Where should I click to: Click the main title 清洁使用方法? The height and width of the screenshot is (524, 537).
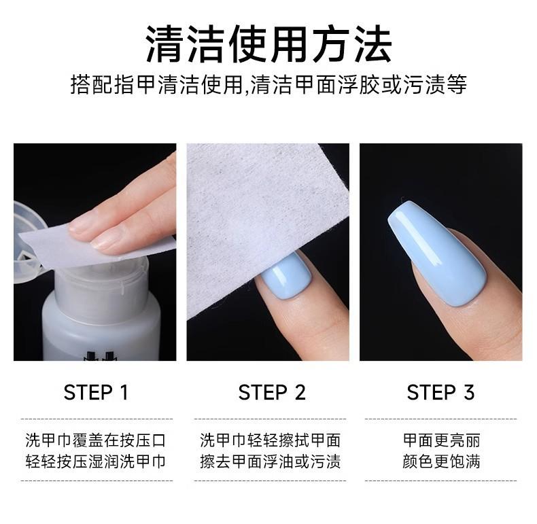coord(268,45)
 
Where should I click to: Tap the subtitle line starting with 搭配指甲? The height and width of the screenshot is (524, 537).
coord(268,84)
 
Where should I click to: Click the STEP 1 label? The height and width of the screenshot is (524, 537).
coord(96,392)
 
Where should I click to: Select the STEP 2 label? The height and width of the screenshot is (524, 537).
coord(272,392)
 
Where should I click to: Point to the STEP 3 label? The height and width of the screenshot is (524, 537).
coord(440,392)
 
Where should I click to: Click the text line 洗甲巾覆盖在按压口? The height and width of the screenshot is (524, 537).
coord(96,440)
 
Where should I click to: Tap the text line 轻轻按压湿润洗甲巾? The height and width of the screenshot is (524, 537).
coord(96,461)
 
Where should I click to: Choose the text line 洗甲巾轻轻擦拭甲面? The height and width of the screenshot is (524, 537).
coord(271,440)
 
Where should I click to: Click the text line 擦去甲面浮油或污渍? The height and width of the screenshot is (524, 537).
coord(271,461)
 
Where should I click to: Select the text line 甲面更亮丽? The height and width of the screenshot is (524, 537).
coord(441,440)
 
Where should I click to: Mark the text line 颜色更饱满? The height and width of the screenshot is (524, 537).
coord(441,461)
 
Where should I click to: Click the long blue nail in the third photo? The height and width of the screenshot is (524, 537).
coord(436,251)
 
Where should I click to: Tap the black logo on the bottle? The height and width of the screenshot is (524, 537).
coord(101,355)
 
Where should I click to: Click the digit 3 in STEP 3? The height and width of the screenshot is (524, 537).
coord(469,392)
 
